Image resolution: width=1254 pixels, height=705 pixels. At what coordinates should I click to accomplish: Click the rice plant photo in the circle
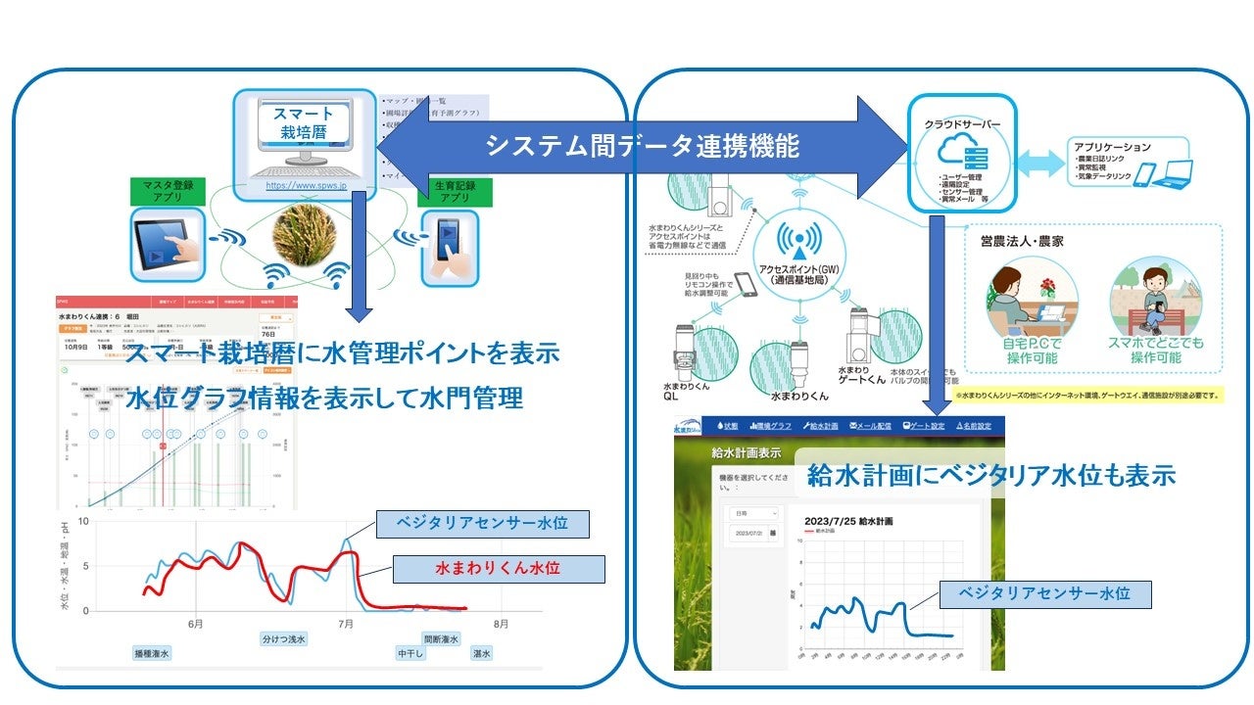302,236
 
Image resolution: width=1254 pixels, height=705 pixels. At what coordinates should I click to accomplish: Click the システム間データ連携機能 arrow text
643,146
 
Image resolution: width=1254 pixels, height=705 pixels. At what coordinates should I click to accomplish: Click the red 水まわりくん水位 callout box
497,567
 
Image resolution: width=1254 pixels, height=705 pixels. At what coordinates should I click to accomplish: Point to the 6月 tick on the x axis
195,623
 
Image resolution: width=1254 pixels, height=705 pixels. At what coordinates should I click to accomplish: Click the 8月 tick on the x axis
500,623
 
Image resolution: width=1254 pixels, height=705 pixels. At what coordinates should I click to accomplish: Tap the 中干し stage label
410,653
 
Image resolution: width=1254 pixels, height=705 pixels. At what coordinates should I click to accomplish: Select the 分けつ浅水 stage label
284,638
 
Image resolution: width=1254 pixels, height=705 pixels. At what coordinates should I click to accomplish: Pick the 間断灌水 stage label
441,638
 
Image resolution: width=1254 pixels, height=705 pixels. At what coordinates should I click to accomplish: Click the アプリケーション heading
1118,147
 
